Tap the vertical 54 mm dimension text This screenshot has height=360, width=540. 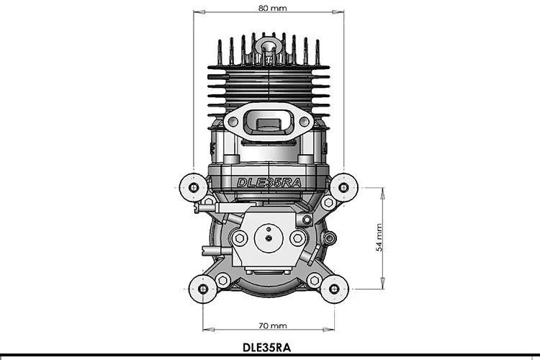tap(379, 236)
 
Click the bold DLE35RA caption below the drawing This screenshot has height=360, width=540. tap(268, 346)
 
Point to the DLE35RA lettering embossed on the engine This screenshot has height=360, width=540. tap(269, 181)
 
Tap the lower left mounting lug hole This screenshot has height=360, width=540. tap(203, 289)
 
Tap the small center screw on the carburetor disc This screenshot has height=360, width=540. tap(269, 237)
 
